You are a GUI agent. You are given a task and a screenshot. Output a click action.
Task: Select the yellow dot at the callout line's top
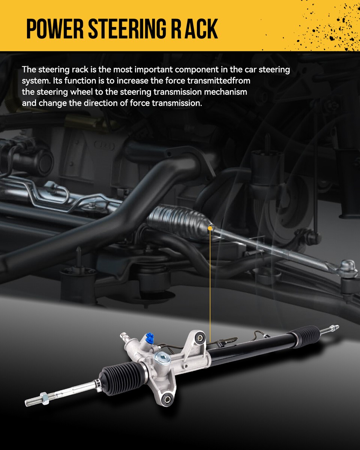210,228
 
